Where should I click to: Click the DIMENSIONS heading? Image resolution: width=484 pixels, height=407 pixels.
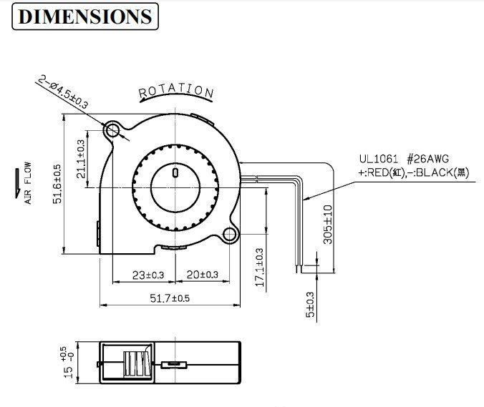(85, 16)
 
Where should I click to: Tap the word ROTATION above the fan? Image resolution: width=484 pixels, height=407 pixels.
(176, 91)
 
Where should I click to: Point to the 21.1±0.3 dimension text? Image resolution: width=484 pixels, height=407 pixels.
(81, 158)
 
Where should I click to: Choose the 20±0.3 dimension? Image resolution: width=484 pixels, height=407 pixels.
(202, 274)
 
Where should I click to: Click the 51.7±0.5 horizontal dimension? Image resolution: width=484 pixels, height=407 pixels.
(170, 298)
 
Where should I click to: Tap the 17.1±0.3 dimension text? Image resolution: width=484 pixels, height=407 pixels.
(259, 268)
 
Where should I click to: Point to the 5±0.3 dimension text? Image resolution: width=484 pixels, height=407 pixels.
(309, 305)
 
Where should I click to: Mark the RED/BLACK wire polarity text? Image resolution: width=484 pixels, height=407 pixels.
(414, 172)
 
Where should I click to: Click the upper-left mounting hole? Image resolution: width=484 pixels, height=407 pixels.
(112, 130)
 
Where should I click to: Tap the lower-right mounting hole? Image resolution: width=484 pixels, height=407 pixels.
(231, 235)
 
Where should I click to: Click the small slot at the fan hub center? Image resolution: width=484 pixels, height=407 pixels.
(175, 171)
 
